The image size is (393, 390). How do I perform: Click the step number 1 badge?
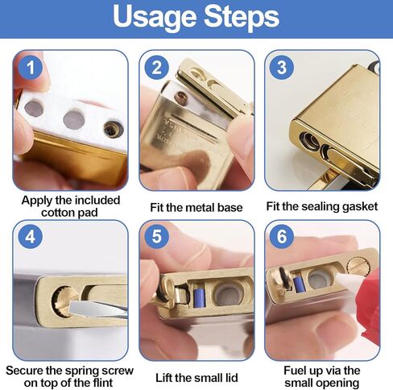coord(31,67)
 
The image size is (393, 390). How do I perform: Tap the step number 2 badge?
coord(157,67)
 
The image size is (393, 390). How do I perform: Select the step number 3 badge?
coord(282,67)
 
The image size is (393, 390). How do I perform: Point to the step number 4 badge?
coord(31,237)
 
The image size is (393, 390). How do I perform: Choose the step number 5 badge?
coord(157,237)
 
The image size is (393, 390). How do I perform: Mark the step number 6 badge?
coord(282,237)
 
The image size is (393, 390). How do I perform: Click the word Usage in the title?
coord(155,17)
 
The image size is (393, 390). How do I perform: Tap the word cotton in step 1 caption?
coord(58,213)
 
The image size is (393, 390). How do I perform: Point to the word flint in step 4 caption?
coord(101,383)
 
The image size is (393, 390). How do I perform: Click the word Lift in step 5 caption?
coord(163,378)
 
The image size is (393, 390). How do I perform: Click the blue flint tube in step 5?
coord(199,297)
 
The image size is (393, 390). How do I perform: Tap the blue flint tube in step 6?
coord(299,284)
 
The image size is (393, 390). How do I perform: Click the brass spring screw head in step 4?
coord(63,301)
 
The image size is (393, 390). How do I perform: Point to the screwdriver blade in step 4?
coord(97,309)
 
